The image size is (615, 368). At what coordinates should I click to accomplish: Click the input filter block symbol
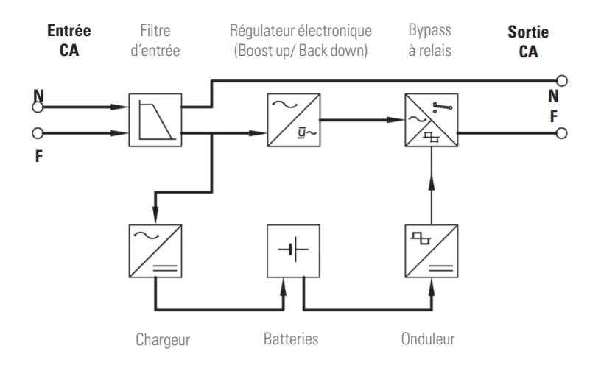(155, 121)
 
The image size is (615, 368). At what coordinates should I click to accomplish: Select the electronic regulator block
(292, 121)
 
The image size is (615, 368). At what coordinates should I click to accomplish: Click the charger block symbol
(155, 251)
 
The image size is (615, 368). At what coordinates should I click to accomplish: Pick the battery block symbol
(292, 251)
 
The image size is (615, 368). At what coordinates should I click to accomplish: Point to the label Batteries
(291, 339)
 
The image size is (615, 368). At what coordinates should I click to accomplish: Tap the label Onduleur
(429, 339)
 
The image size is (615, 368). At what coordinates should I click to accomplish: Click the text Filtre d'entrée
(155, 40)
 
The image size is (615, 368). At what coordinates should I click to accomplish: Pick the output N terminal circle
(562, 80)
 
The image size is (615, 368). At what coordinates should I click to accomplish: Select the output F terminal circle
(562, 134)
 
